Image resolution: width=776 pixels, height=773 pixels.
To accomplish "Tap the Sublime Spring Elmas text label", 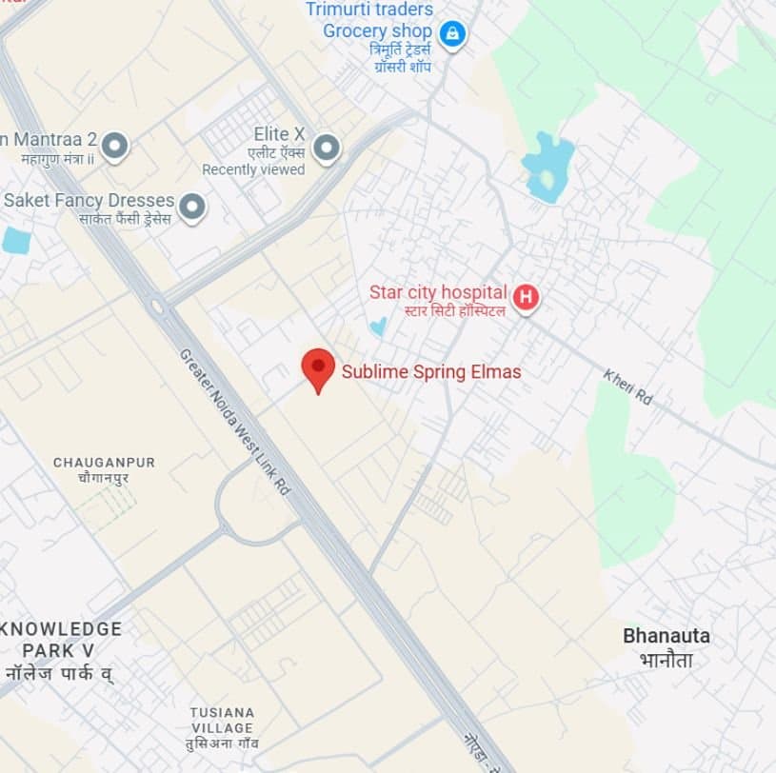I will (x=431, y=372).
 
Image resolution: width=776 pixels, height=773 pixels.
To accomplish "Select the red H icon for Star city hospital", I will (x=526, y=298).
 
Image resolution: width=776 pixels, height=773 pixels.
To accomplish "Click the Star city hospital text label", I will (x=439, y=291).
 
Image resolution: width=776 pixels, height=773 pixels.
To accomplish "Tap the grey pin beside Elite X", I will (x=327, y=148).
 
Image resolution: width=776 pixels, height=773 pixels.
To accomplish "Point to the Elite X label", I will (x=279, y=134).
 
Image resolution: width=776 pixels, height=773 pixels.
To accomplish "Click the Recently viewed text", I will (x=253, y=169).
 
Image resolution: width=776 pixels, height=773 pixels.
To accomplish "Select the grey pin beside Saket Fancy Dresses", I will (x=193, y=206).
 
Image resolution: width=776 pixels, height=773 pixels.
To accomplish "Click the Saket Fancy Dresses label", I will (x=89, y=201).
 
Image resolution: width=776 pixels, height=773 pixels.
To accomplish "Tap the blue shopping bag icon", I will (x=453, y=34).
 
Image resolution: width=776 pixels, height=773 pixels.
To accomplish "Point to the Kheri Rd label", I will (x=628, y=387).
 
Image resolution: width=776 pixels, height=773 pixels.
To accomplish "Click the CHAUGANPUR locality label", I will (x=104, y=463).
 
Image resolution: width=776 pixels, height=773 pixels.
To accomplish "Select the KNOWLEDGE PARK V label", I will (x=61, y=639).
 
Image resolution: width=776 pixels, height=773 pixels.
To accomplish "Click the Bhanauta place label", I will (x=667, y=636).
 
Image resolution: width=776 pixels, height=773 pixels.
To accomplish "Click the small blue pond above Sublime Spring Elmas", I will (x=379, y=326).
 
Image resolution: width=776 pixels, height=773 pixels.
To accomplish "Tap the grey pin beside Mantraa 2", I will (x=115, y=146).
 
